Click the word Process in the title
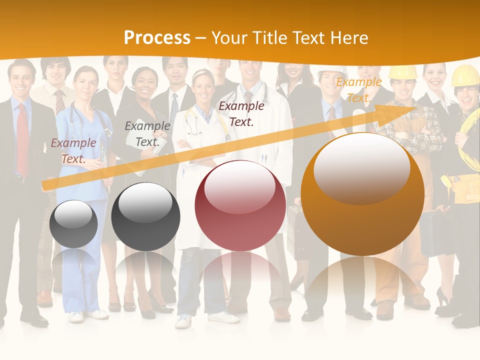coord(157,37)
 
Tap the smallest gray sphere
coord(73,223)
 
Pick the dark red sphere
coord(240,205)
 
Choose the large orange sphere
coord(362,194)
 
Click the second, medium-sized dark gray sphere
coord(145,216)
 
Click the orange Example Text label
coord(358,90)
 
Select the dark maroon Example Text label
coord(241,113)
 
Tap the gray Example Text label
coord(147,134)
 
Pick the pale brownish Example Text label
coord(73,150)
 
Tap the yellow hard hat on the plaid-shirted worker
coord(403,73)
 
